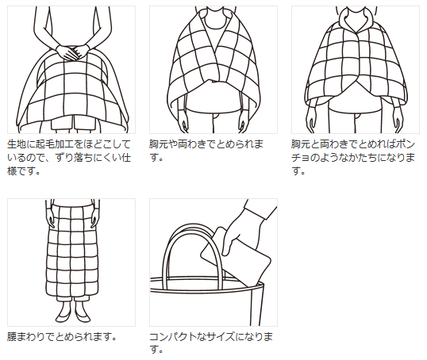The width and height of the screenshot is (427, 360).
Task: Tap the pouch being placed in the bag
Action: tap(236, 257)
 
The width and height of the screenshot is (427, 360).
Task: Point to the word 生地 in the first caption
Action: tap(17, 144)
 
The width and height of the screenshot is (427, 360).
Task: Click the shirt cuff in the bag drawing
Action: tap(255, 210)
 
